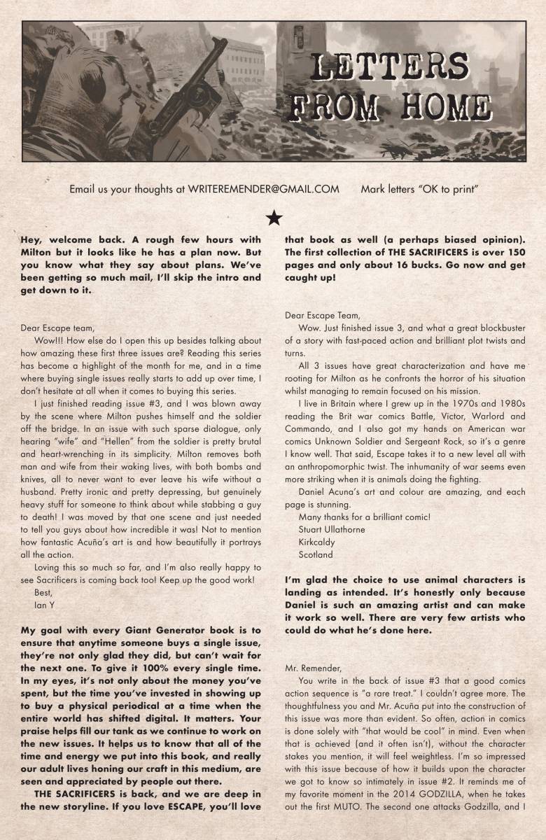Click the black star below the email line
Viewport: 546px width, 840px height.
[x=274, y=218]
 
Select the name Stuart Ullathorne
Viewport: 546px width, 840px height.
[x=331, y=529]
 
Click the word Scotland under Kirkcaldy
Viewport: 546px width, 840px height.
[x=315, y=554]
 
